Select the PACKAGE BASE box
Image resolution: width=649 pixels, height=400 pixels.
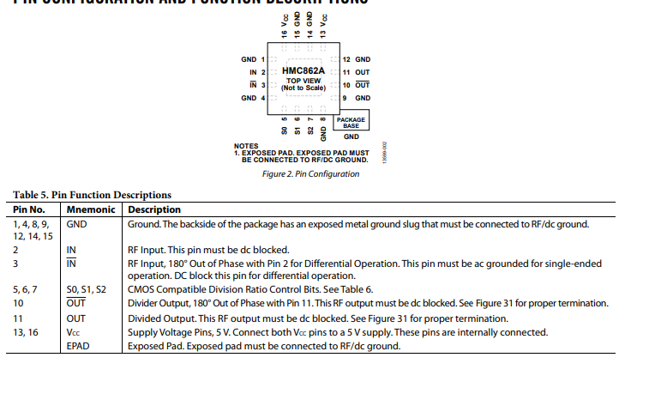click(351, 123)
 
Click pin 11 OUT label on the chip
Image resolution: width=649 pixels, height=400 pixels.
click(356, 72)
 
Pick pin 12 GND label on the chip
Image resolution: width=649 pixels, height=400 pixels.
click(356, 59)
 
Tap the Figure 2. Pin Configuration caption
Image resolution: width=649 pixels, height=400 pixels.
click(310, 174)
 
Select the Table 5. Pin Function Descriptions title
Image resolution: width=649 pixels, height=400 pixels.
click(92, 195)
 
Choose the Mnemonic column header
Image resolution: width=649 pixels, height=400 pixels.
click(90, 209)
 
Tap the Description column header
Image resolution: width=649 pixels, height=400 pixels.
click(154, 209)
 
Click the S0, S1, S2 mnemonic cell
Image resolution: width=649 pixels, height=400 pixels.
click(86, 290)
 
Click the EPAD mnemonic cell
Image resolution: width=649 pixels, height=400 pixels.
click(80, 346)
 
